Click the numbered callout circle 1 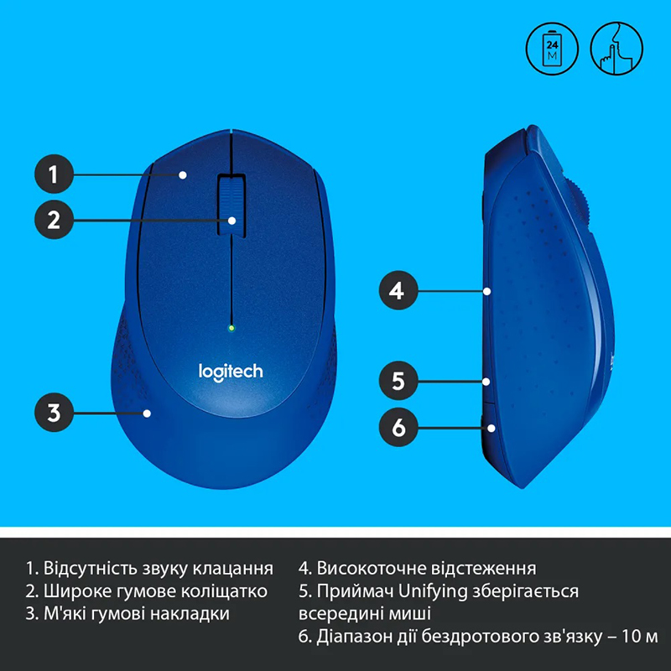(x=54, y=174)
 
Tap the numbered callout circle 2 (x=54, y=220)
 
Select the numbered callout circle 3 (x=54, y=413)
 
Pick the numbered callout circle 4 (x=398, y=290)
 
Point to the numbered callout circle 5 (x=398, y=381)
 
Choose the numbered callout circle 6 (x=398, y=427)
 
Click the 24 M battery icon (x=552, y=49)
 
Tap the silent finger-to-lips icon (x=616, y=49)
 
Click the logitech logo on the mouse (x=231, y=372)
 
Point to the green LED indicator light (x=231, y=328)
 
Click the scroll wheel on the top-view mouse (x=231, y=205)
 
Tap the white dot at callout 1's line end (x=183, y=174)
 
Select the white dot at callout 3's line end (x=147, y=414)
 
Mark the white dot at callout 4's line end (x=487, y=291)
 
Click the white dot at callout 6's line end (x=492, y=428)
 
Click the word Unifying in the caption (x=433, y=591)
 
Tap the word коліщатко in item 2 (x=224, y=591)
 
